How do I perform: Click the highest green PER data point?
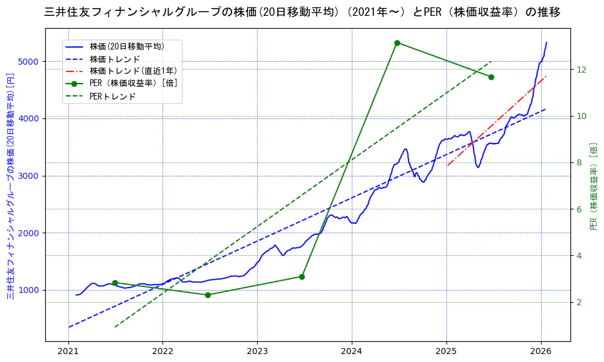397,43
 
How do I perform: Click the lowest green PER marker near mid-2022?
208,295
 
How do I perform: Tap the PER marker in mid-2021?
115,283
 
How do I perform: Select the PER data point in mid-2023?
302,277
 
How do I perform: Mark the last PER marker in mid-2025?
491,77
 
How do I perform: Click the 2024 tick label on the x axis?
352,352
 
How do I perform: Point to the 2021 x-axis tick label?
68,352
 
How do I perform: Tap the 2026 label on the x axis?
541,352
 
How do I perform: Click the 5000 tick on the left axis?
29,62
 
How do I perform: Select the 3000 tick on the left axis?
29,176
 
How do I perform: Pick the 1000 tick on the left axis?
29,290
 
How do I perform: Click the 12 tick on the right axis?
581,70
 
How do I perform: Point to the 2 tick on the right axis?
579,302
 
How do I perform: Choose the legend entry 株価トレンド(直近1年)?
133,71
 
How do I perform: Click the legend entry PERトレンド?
112,96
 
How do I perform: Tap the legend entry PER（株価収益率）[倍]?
133,84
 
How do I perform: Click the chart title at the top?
302,12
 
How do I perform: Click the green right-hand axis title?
594,186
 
